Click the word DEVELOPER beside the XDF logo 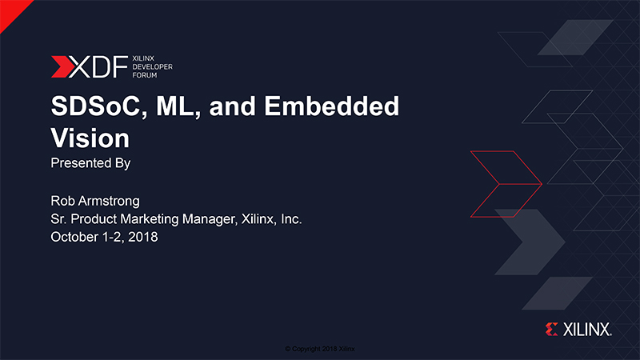[152, 66]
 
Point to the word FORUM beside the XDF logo [145, 75]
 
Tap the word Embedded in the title [331, 106]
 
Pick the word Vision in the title [90, 138]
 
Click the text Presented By [90, 163]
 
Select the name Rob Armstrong [95, 201]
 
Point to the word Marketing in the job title [150, 219]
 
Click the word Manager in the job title [210, 219]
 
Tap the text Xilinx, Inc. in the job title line [271, 219]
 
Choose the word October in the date [74, 237]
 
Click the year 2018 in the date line [143, 237]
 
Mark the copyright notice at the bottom [320, 349]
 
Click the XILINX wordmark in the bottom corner [587, 330]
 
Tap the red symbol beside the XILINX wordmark [551, 330]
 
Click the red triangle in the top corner [11, 11]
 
